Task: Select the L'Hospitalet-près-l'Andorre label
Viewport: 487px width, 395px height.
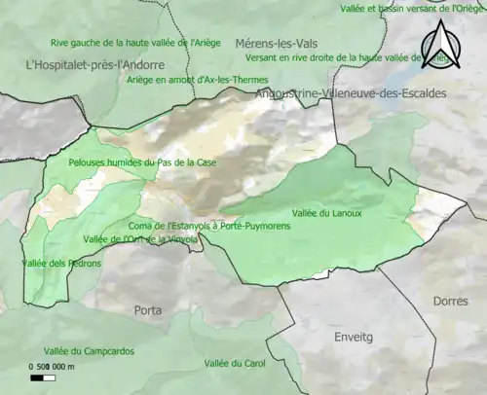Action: [94, 64]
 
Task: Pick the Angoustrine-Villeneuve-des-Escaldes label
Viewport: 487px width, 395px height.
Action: [350, 93]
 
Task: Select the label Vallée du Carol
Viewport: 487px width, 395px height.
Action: [236, 364]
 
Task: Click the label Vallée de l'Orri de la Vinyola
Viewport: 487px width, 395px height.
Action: [141, 239]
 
